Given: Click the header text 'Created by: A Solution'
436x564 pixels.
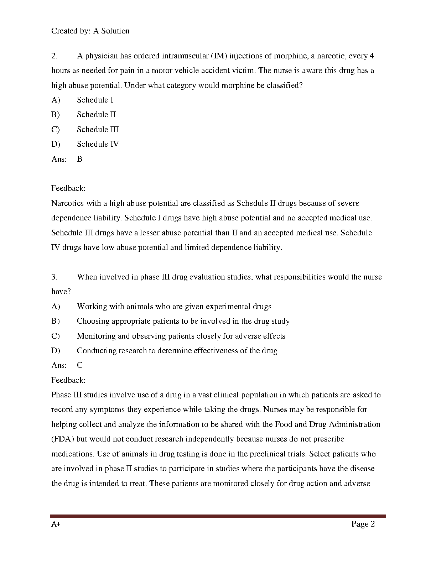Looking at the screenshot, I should click(90, 31).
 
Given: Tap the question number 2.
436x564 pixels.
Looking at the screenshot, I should click(54, 56).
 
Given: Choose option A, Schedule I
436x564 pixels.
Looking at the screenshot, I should click(95, 100).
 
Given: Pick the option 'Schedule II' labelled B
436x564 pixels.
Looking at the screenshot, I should click(96, 115).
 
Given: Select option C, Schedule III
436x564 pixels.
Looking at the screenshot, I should click(98, 130).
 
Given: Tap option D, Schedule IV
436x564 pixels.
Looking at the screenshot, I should click(98, 144).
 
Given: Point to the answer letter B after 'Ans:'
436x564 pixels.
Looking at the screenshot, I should click(79, 159).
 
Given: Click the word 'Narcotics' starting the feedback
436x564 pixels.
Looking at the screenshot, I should click(68, 203).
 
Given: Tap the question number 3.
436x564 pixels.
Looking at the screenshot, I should click(54, 277).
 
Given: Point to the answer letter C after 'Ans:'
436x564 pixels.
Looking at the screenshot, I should click(79, 365).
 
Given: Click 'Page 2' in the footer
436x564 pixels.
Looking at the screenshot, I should click(363, 524).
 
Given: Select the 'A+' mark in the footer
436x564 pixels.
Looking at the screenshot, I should click(56, 524).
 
